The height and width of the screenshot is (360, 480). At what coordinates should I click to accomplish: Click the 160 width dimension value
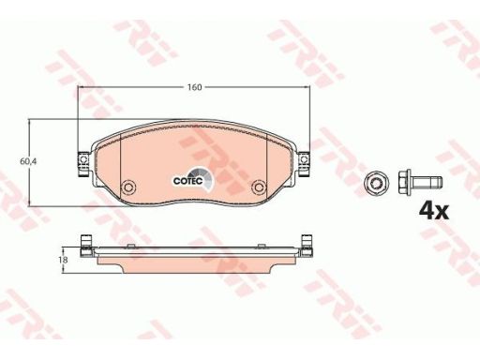pos(194,87)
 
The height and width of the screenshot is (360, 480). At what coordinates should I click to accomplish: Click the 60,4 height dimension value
pos(28,161)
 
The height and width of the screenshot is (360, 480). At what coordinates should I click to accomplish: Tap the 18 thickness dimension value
pos(63,260)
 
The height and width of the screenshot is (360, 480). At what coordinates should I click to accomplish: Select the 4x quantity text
pos(434,211)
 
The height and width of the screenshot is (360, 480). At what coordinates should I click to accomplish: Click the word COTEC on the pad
pos(188,181)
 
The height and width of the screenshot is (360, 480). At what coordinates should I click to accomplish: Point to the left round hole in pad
pos(128,187)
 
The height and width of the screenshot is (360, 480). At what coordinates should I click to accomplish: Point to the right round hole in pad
pos(259,187)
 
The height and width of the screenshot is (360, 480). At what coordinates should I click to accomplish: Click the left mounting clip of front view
pos(83,164)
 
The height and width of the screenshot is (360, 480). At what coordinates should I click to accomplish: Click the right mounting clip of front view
pos(304,164)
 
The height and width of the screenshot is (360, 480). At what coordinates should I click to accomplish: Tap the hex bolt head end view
pos(377,182)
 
